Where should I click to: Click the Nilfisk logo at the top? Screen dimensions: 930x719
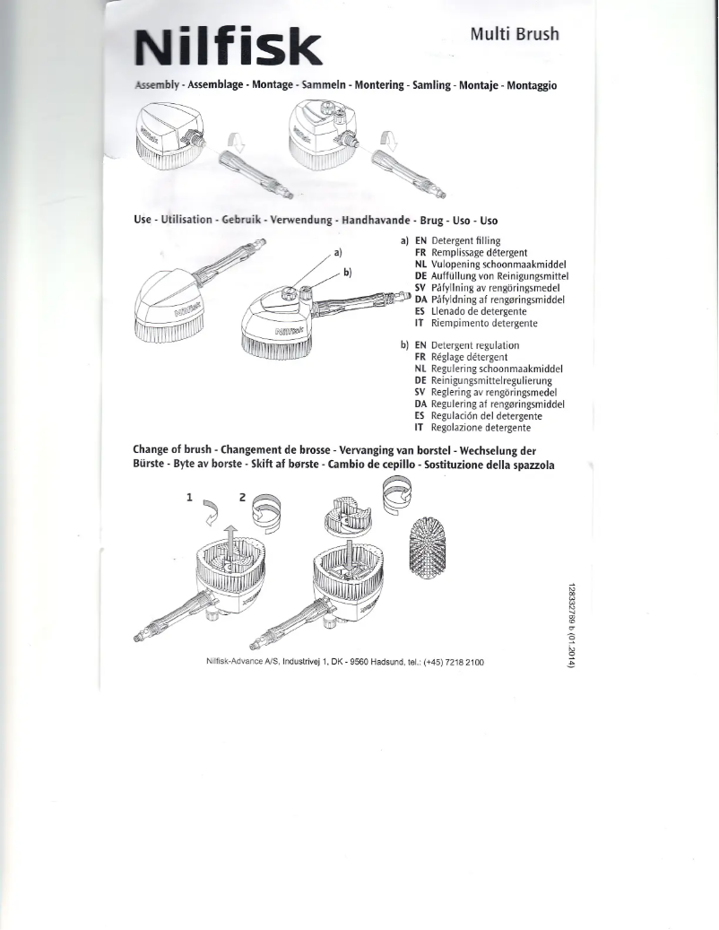click(x=228, y=48)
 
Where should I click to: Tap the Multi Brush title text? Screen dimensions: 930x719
click(x=515, y=34)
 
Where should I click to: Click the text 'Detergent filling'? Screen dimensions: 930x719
click(x=465, y=241)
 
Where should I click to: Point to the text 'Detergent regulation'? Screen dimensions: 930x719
click(x=474, y=345)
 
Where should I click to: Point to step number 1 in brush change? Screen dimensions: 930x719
click(x=190, y=496)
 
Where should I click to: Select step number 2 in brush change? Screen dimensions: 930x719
click(x=242, y=496)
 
